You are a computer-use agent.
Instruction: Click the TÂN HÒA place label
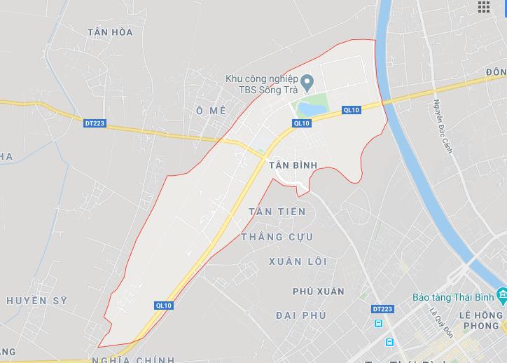pyautogui.click(x=110, y=32)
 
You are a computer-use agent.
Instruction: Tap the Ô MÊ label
pyautogui.click(x=211, y=111)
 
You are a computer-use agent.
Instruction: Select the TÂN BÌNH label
pyautogui.click(x=293, y=165)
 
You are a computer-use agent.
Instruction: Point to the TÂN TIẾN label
pyautogui.click(x=277, y=212)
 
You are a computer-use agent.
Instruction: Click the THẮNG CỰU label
pyautogui.click(x=277, y=237)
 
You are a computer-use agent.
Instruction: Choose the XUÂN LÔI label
pyautogui.click(x=298, y=261)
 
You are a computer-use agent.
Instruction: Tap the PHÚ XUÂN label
pyautogui.click(x=319, y=291)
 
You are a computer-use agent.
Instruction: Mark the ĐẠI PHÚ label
pyautogui.click(x=301, y=315)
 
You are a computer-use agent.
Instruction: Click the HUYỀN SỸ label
pyautogui.click(x=36, y=301)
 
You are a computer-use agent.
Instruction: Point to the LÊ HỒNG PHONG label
pyautogui.click(x=480, y=320)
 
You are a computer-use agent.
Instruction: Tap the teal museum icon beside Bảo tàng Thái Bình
pyautogui.click(x=499, y=294)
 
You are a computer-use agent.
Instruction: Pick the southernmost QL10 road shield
pyautogui.click(x=164, y=306)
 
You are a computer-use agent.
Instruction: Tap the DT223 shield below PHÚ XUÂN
pyautogui.click(x=382, y=308)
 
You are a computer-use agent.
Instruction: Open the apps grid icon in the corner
pyautogui.click(x=484, y=7)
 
